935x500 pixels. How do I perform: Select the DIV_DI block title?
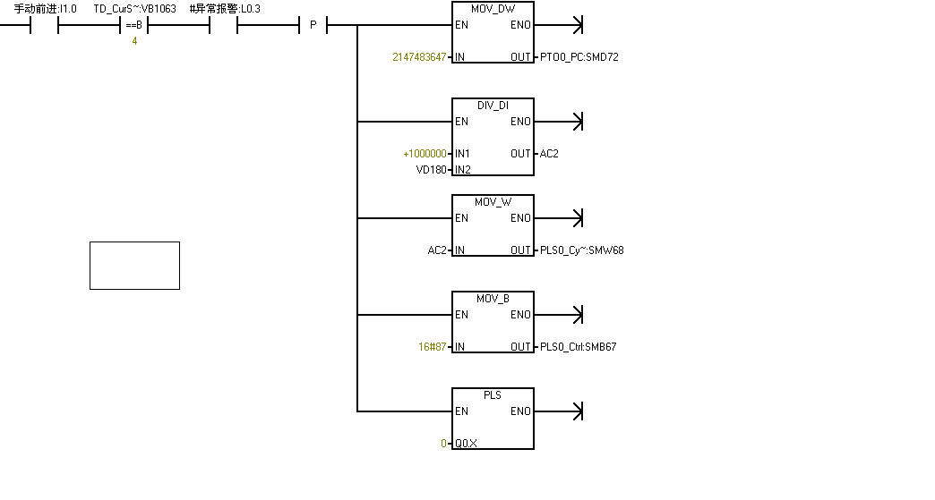tap(493, 105)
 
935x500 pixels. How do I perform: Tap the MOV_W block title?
tap(493, 201)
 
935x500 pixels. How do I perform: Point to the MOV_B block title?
tap(493, 298)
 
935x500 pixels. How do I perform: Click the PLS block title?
tap(493, 394)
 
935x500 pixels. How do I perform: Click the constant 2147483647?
tap(419, 57)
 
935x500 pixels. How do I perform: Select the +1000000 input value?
tap(425, 154)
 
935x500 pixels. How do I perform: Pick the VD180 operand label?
tap(431, 170)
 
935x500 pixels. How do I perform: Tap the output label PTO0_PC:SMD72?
tap(579, 57)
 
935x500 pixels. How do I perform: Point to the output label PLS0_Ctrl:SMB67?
tap(578, 347)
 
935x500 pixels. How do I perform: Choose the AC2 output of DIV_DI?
tap(549, 154)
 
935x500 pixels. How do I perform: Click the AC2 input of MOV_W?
tap(436, 250)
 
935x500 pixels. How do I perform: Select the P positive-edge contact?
tap(313, 25)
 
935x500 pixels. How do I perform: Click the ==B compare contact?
tap(134, 25)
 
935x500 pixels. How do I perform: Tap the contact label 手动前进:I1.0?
tap(45, 8)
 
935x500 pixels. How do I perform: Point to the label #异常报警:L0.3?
tap(225, 8)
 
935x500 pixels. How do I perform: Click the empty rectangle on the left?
tap(134, 266)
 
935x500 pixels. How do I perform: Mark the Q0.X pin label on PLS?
tap(466, 444)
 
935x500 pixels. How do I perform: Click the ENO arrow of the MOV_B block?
tap(577, 315)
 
